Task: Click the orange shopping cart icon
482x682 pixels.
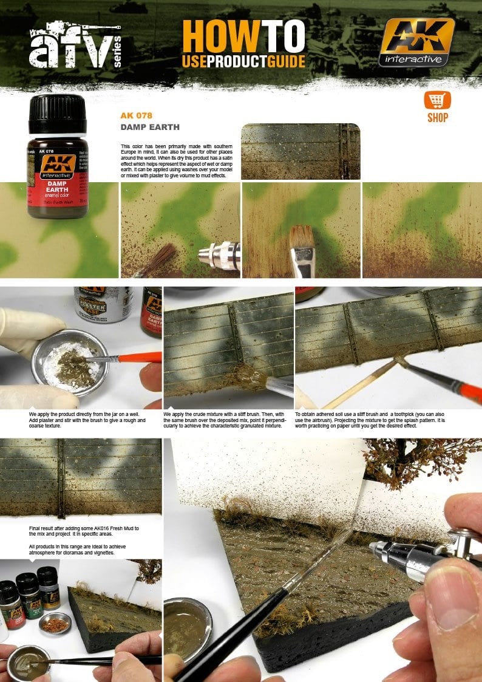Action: coord(437,100)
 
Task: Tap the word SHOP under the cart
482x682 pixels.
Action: coord(437,118)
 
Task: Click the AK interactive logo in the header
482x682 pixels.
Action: coord(416,41)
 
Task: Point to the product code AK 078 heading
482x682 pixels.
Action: coord(136,115)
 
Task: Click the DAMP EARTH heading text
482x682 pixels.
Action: coord(150,128)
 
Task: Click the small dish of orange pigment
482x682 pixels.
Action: coord(54,622)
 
